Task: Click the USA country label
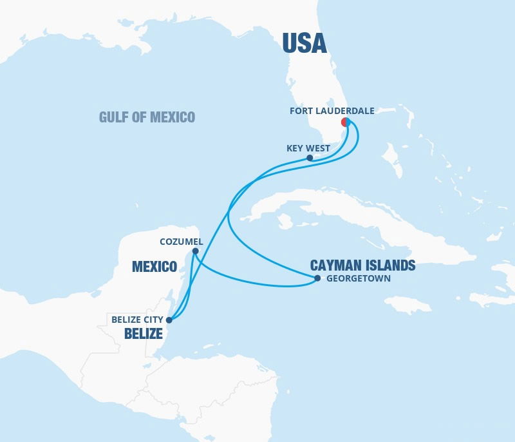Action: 304,43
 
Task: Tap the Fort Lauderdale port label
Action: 332,111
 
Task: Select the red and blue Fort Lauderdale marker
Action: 346,122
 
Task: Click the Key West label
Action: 308,148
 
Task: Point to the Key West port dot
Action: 310,158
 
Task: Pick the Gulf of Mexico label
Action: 147,117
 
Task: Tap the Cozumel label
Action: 181,242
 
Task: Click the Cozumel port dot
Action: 196,251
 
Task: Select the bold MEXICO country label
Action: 154,266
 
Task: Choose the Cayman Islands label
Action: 362,265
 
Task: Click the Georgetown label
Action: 358,279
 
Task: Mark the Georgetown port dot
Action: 317,279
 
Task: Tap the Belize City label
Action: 137,319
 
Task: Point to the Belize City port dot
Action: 169,319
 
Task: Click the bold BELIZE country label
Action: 144,334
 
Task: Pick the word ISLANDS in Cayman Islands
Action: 389,265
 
